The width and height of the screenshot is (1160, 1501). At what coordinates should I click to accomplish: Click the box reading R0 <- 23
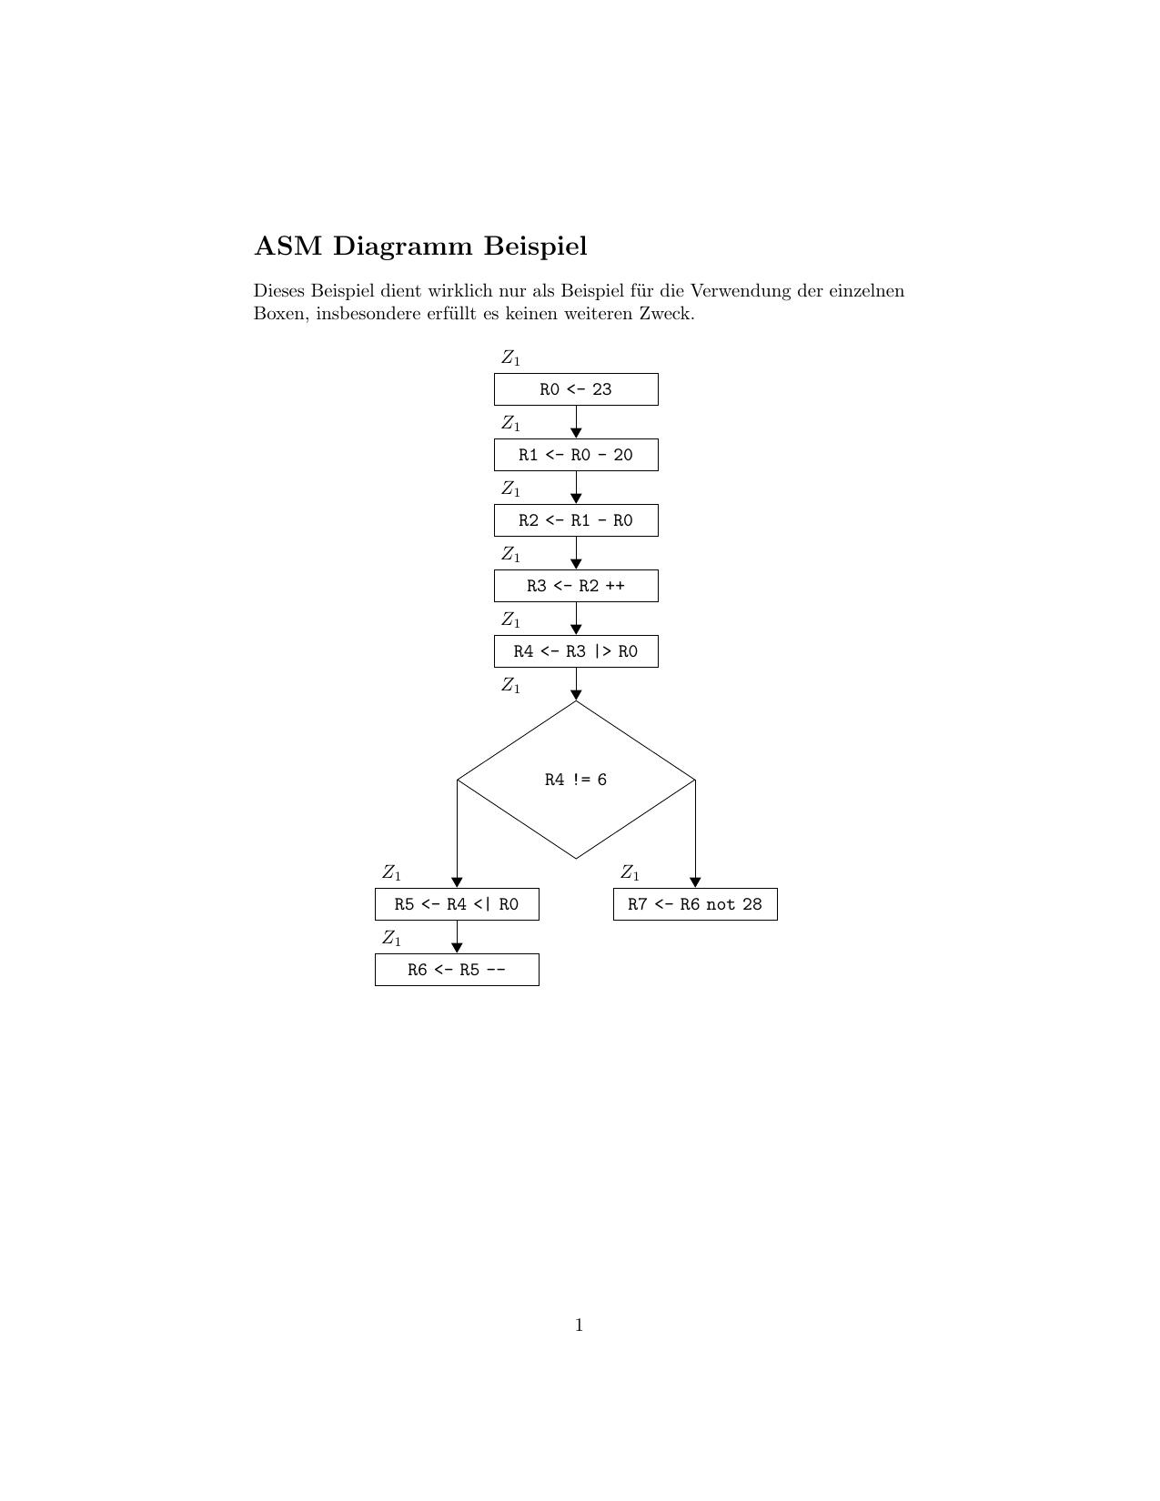click(x=576, y=389)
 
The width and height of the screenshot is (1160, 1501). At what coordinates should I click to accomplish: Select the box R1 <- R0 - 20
click(x=576, y=455)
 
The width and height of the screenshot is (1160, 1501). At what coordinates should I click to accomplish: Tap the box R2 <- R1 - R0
click(x=576, y=520)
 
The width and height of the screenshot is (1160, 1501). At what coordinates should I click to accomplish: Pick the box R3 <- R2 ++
click(x=576, y=586)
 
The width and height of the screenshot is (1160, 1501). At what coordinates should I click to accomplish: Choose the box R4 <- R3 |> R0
click(x=576, y=651)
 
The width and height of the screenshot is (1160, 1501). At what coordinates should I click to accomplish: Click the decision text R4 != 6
click(x=576, y=780)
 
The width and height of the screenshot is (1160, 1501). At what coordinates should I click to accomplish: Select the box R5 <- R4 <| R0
click(x=457, y=904)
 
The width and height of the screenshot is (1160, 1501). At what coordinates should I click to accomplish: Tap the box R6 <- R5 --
click(x=457, y=970)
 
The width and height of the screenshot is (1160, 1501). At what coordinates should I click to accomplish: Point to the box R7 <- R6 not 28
click(x=695, y=904)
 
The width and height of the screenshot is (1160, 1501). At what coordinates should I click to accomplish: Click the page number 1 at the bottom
click(x=580, y=1325)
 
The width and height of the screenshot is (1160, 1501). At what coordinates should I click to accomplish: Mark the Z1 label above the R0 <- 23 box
click(x=510, y=358)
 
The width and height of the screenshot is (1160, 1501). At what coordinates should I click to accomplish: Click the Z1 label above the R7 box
click(x=630, y=873)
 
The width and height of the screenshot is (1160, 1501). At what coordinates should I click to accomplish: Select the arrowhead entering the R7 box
click(x=695, y=882)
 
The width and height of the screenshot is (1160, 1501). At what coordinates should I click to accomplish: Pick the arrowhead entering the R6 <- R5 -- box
click(x=457, y=948)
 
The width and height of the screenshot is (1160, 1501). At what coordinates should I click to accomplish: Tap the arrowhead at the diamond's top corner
click(x=576, y=695)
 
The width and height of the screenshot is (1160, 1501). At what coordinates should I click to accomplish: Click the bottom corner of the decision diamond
click(x=576, y=858)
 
